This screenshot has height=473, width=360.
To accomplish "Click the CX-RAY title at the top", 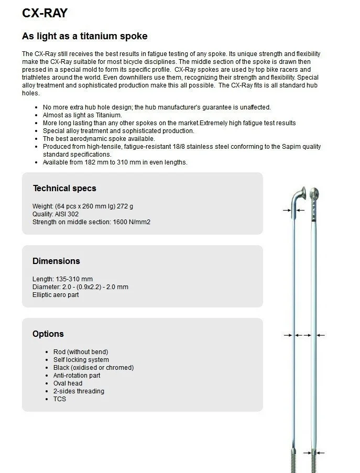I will [45, 13].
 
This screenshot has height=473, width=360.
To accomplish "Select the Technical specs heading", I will [64, 188].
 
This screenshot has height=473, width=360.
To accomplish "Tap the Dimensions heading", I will [56, 261].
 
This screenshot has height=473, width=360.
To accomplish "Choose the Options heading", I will [48, 334].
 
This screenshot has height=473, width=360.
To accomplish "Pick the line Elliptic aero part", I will [56, 295].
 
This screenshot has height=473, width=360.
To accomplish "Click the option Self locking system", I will [81, 360].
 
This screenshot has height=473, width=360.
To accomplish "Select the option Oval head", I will [68, 383].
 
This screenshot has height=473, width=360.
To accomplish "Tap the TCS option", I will [60, 399].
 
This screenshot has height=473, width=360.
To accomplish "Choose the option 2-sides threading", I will [79, 391].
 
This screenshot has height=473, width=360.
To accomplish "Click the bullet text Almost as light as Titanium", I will [82, 115].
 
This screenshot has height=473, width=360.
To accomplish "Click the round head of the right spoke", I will [314, 193].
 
